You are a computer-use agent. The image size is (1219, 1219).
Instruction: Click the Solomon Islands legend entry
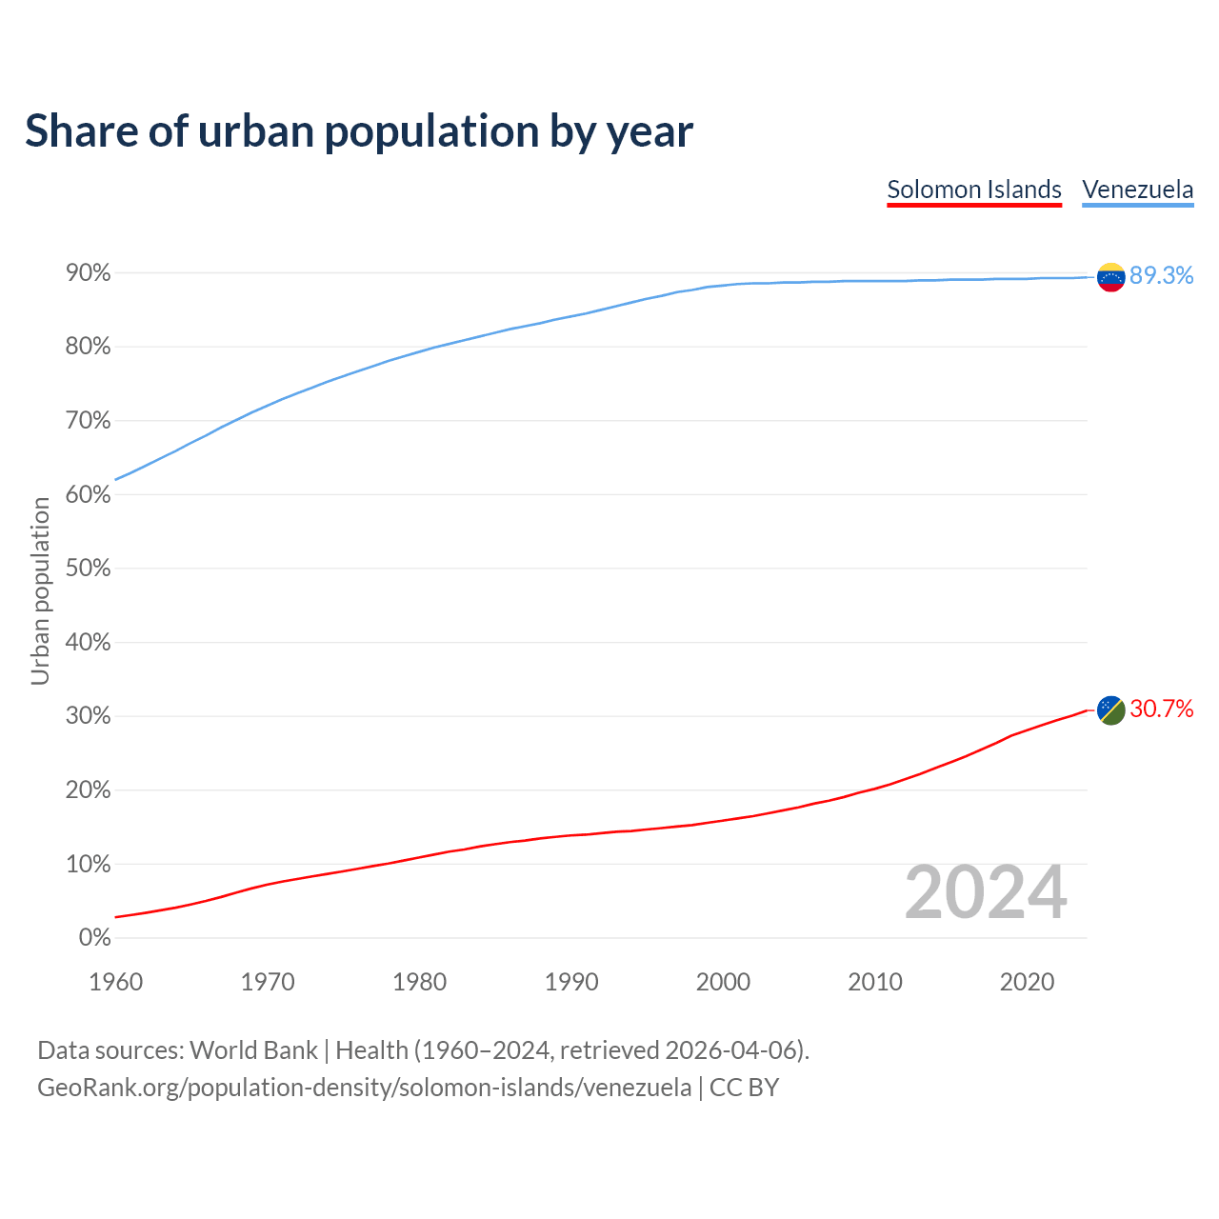click(973, 190)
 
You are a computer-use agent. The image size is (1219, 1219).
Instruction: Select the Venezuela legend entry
click(1137, 190)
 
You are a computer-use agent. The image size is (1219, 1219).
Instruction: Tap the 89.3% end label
click(1161, 275)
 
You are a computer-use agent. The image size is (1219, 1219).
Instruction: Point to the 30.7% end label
click(1161, 709)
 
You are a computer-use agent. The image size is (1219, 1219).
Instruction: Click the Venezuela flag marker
click(1110, 277)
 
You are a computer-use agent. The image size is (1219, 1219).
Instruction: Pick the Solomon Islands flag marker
click(1110, 709)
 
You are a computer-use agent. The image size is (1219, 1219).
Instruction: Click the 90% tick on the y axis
click(89, 273)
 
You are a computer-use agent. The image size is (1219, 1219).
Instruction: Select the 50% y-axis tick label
click(89, 569)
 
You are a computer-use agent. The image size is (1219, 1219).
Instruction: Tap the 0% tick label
click(95, 938)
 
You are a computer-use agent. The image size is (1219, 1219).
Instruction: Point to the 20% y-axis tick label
click(89, 790)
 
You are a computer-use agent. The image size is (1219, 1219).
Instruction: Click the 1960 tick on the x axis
click(115, 982)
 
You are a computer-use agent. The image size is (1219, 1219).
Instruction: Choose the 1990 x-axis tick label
click(571, 982)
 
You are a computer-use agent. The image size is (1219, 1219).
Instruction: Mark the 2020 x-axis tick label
click(1027, 982)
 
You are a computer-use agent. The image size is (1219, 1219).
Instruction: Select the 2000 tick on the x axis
click(723, 982)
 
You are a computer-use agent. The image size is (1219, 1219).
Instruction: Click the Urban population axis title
click(40, 590)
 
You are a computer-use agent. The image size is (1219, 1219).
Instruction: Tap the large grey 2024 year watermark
click(985, 892)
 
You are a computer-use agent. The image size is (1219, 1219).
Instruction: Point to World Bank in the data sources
click(253, 1050)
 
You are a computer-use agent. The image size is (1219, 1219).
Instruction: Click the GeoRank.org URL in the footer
click(364, 1088)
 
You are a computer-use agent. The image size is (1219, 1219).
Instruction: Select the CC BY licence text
click(744, 1088)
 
